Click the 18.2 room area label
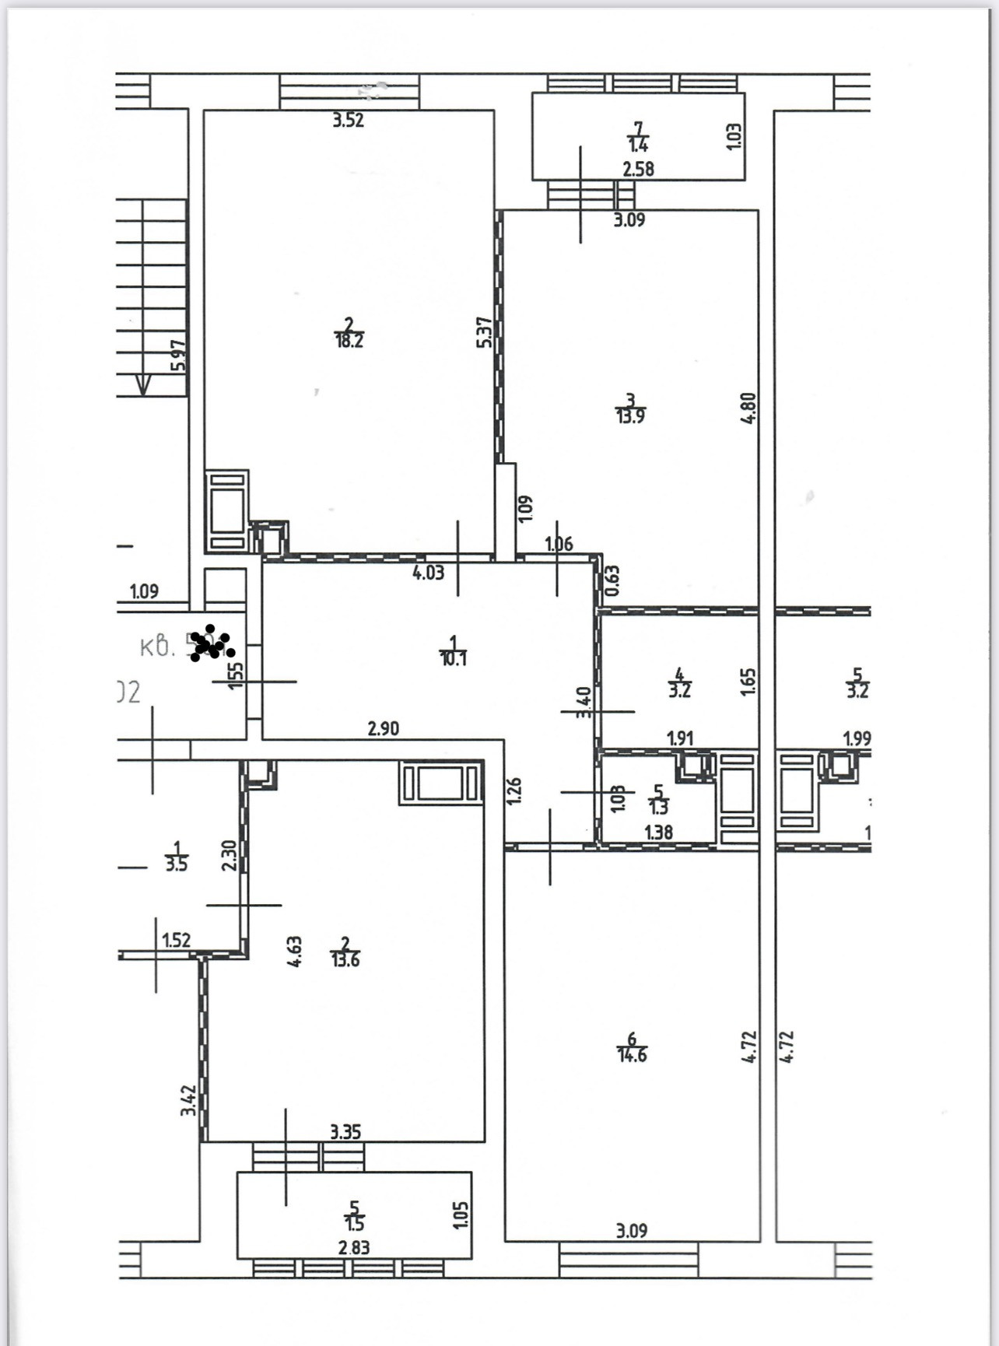(349, 341)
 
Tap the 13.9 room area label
(630, 416)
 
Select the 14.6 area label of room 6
(631, 1056)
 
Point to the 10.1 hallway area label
(453, 659)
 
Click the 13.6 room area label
(345, 960)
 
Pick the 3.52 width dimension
(348, 121)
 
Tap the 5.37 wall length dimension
(484, 331)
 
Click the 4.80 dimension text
(748, 408)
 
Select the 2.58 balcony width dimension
(638, 169)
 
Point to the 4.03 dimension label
(428, 573)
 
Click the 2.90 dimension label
(383, 729)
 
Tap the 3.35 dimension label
(345, 1132)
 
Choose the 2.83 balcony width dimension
(354, 1247)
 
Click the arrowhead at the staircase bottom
(143, 385)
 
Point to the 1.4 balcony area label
(639, 145)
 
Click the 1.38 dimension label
(658, 832)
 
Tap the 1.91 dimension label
(680, 738)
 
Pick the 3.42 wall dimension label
(188, 1099)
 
